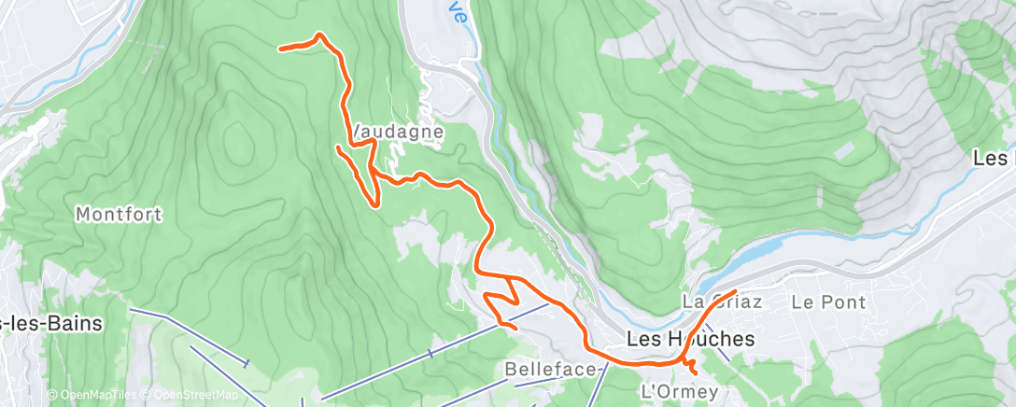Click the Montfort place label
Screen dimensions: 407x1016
[119, 215]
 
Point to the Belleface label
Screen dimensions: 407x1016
[550, 370]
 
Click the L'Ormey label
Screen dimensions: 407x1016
[679, 391]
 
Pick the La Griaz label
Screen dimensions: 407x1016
[722, 302]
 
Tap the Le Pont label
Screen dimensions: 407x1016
[828, 302]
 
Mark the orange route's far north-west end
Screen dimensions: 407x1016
[281, 48]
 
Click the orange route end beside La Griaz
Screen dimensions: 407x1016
[735, 292]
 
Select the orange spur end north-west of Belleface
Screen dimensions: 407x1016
[486, 295]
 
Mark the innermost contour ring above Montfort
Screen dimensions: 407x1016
[241, 142]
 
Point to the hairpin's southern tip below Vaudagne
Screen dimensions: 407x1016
[375, 204]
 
